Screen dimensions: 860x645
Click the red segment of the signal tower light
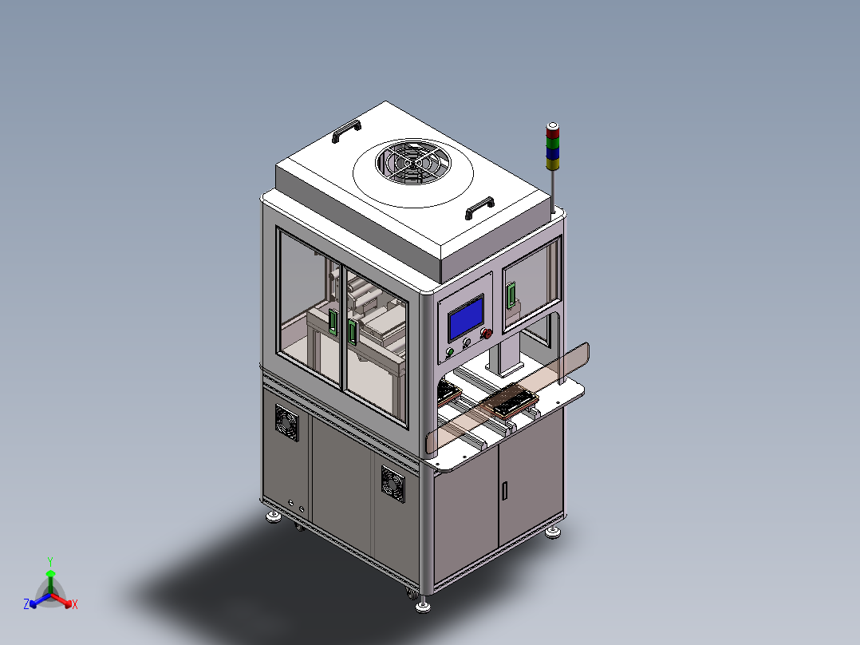pyautogui.click(x=553, y=133)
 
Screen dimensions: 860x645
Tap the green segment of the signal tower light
pyautogui.click(x=553, y=143)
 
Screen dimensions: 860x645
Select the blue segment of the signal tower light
pyautogui.click(x=553, y=153)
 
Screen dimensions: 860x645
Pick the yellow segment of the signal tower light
pyautogui.click(x=553, y=164)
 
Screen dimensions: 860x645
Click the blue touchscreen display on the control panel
pyautogui.click(x=466, y=319)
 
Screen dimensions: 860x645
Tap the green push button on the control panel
pyautogui.click(x=450, y=352)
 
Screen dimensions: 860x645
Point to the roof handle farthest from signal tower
pyautogui.click(x=346, y=131)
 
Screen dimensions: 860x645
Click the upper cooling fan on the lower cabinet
pyautogui.click(x=287, y=422)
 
